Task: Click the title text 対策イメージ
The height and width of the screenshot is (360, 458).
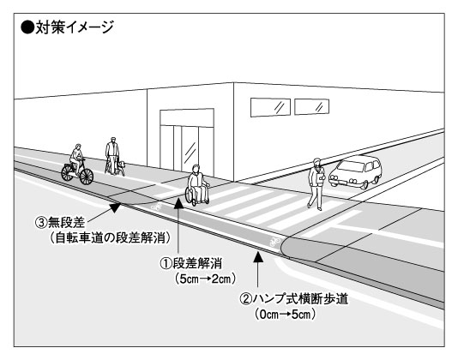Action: (x=75, y=27)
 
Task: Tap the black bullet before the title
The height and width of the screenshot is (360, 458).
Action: (x=27, y=27)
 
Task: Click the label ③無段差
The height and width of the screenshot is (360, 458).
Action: (x=60, y=223)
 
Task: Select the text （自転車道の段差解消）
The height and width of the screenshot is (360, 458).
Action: (x=110, y=238)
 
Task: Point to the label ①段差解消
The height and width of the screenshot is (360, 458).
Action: (x=190, y=263)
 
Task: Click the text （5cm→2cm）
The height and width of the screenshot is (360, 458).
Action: (x=205, y=279)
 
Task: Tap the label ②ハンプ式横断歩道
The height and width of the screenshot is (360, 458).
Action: (x=294, y=299)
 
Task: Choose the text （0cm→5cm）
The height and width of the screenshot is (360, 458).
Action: (x=285, y=315)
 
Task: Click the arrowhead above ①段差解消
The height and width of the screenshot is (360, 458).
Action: (x=178, y=203)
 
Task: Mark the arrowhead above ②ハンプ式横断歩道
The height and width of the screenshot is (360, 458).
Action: (x=257, y=256)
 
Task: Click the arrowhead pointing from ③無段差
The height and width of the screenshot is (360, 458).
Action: (x=115, y=207)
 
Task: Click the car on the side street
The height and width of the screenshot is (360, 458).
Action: (x=355, y=171)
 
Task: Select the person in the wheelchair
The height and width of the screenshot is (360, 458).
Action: (x=198, y=185)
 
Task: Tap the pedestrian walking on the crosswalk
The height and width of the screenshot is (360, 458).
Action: (x=316, y=184)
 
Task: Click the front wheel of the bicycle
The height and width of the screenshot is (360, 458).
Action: (x=87, y=177)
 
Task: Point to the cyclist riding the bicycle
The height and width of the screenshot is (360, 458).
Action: (x=76, y=159)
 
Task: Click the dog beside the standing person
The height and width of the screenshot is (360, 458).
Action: (x=120, y=168)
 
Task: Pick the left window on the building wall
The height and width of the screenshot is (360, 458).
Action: (x=270, y=107)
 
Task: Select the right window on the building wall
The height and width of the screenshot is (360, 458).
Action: (x=311, y=106)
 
